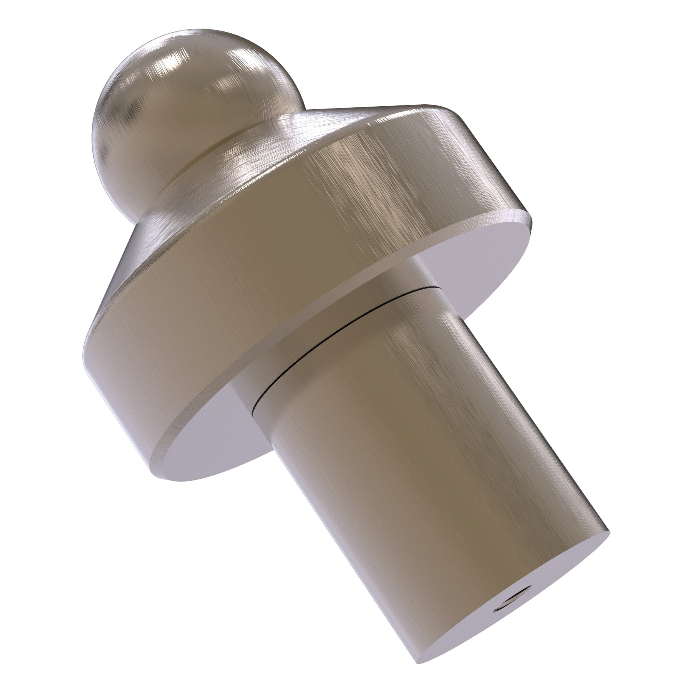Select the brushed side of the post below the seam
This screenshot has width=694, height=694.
413,449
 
